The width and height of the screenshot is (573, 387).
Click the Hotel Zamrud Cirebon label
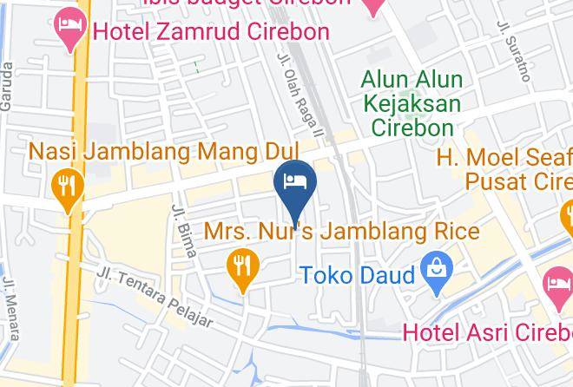[211, 32]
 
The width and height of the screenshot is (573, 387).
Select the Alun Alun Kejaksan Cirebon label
[412, 103]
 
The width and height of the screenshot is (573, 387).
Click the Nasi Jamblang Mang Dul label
[163, 151]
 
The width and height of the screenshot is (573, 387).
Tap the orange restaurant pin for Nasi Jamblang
[67, 188]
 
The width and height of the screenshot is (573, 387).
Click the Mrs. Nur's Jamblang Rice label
[341, 232]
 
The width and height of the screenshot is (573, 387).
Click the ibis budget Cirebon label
[252, 3]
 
